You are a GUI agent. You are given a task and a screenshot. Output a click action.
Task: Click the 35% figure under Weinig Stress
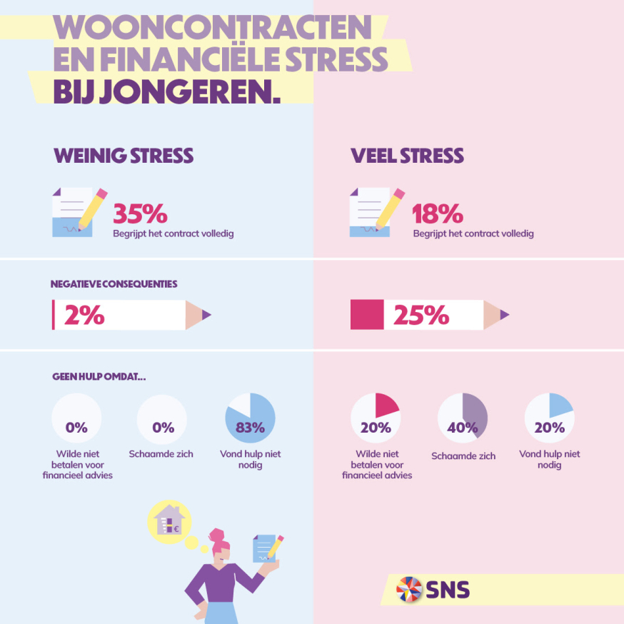pyautogui.click(x=141, y=213)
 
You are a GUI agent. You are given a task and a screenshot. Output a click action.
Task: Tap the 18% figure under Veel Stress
pyautogui.click(x=438, y=213)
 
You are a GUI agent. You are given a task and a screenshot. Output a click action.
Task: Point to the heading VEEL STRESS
pyautogui.click(x=407, y=156)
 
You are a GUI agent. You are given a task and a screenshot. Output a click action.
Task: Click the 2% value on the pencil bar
pyautogui.click(x=84, y=315)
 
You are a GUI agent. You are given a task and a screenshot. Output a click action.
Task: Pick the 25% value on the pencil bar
pyautogui.click(x=421, y=315)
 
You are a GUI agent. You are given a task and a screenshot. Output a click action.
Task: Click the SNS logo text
pyautogui.click(x=448, y=590)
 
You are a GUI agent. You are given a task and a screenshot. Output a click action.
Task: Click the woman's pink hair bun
pyautogui.click(x=215, y=535)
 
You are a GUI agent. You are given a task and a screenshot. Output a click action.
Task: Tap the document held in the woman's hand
pyautogui.click(x=266, y=547)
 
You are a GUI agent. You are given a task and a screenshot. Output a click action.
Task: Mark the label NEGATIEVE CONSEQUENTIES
pyautogui.click(x=114, y=283)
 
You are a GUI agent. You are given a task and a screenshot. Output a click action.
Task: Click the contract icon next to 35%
pyautogui.click(x=77, y=212)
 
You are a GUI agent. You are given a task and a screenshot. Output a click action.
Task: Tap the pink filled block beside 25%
pyautogui.click(x=367, y=315)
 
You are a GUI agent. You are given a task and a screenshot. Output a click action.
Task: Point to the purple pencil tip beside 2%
pyautogui.click(x=206, y=315)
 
